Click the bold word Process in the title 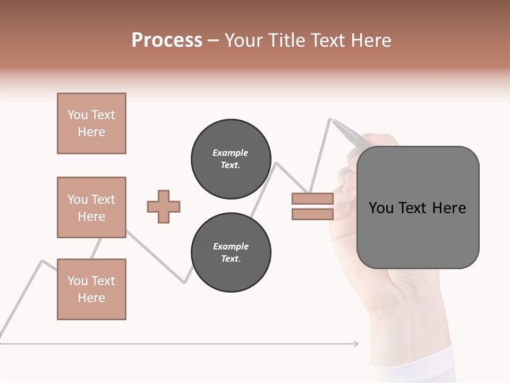(167, 40)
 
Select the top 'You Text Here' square (91, 123)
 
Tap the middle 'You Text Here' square (91, 207)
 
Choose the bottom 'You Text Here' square (91, 289)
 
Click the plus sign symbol (164, 206)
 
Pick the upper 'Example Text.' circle (231, 159)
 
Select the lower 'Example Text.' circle (231, 253)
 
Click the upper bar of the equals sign (312, 199)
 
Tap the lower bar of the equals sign (312, 214)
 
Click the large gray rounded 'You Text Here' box (418, 207)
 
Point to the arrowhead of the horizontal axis (356, 344)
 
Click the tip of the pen (331, 119)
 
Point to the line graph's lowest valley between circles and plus (184, 282)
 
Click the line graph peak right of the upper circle (276, 163)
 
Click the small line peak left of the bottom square (42, 261)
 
